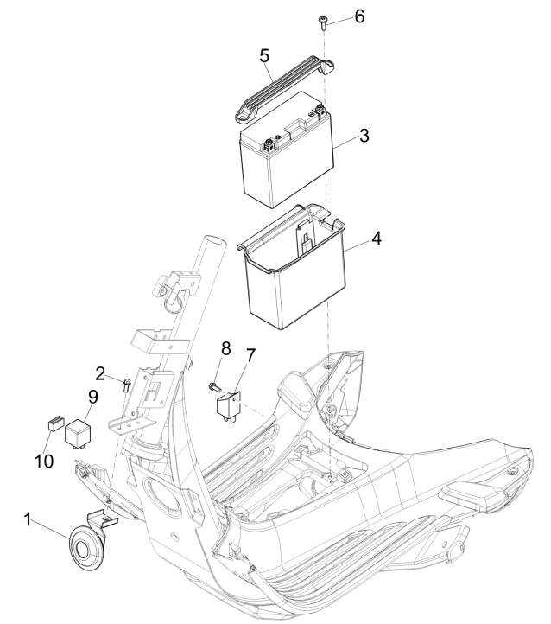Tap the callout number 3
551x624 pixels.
tap(365, 136)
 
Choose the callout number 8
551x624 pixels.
tap(225, 348)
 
